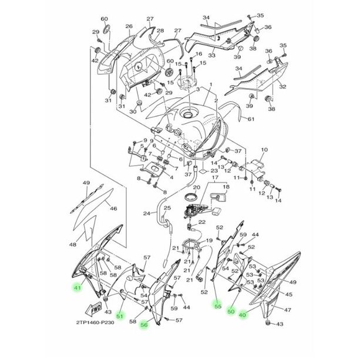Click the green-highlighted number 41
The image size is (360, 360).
(76, 288)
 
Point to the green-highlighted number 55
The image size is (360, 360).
(217, 306)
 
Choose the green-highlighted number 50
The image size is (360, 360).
(231, 311)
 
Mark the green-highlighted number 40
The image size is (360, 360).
(243, 315)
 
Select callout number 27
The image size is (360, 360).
(150, 19)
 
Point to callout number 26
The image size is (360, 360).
(129, 26)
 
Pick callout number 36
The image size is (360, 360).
(267, 27)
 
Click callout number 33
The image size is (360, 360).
(211, 56)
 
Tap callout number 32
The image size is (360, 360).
(282, 86)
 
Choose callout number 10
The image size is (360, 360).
(264, 150)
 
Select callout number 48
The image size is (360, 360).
(73, 244)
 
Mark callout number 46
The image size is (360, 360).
(113, 208)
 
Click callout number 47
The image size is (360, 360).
(287, 309)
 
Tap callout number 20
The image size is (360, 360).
(197, 187)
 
